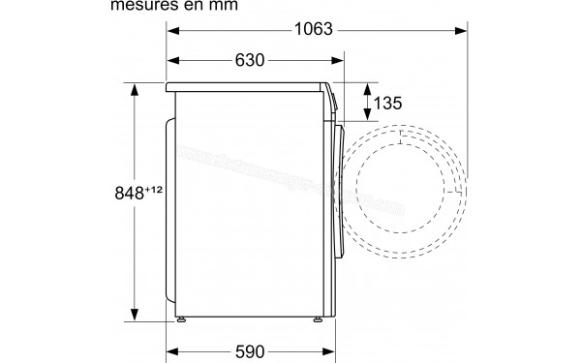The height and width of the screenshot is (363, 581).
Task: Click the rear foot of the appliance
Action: (x=181, y=319)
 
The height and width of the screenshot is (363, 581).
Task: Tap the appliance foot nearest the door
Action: (x=316, y=319)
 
